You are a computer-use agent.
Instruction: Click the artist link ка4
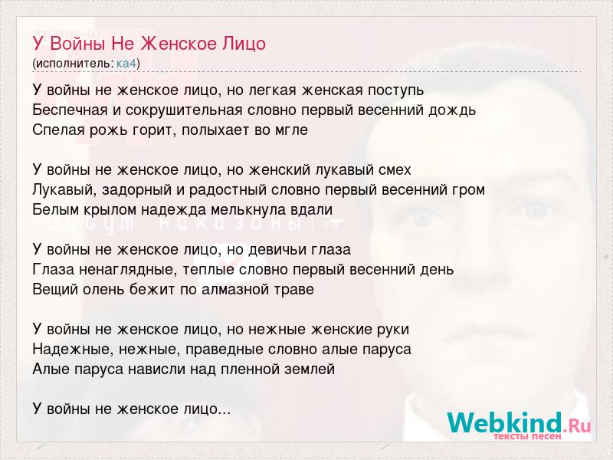click(126, 64)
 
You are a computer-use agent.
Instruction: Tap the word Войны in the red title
click(78, 44)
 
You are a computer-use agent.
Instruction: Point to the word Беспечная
click(70, 110)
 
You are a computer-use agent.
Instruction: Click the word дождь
click(452, 110)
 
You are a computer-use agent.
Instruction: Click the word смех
click(395, 170)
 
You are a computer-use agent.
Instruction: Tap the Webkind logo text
click(519, 422)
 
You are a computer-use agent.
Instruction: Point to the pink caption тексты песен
click(527, 436)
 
